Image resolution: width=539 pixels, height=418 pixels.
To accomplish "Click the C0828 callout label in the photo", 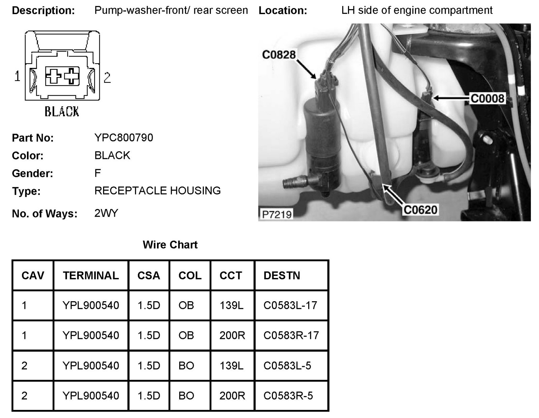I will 279,55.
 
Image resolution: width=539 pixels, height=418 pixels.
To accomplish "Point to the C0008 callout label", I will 487,99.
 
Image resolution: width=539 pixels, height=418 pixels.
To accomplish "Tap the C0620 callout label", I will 420,210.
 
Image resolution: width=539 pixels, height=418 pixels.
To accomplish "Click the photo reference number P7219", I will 277,214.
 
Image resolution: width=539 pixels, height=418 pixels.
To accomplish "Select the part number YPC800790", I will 124,138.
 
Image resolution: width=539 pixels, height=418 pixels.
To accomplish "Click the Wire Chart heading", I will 170,245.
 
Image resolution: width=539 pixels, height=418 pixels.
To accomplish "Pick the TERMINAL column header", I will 91,276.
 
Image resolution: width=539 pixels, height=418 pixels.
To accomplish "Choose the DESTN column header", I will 282,276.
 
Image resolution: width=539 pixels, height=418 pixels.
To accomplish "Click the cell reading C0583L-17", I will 290,305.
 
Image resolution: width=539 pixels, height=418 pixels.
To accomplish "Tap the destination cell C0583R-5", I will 288,395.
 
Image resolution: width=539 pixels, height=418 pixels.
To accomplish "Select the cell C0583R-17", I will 291,335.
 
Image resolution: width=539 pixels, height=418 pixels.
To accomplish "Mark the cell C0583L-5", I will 287,365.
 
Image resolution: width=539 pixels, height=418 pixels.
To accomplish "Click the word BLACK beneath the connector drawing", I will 62,111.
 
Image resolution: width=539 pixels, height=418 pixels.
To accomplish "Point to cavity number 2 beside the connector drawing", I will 107,78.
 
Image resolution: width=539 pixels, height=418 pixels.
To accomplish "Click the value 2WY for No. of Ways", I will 106,213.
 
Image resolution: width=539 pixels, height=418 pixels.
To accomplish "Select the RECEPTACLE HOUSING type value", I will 157,191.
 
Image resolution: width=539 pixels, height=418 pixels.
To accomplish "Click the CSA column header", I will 149,276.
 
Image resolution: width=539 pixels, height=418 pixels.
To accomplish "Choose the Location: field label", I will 283,10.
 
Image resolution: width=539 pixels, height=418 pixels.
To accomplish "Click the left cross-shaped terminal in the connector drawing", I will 53,76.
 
